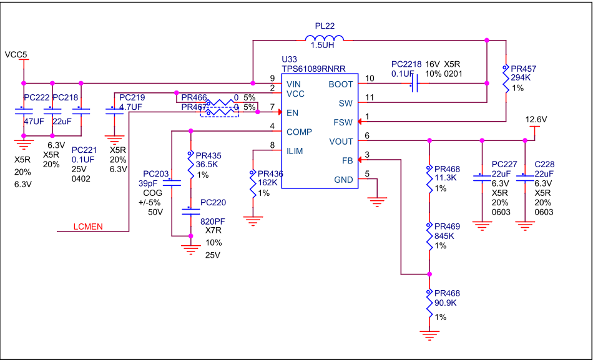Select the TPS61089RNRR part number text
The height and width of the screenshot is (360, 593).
(313, 69)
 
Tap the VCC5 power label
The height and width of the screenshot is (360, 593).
(16, 54)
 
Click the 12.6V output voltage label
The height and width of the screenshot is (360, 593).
(536, 119)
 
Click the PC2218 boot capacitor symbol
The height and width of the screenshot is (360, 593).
(413, 84)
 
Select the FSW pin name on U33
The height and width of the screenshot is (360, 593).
(343, 122)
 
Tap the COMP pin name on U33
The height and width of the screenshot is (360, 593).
(300, 132)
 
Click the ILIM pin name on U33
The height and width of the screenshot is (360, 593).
(296, 150)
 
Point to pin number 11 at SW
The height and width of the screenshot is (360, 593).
(370, 97)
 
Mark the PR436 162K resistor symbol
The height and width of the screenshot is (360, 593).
(253, 186)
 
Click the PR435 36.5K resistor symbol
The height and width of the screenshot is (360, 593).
(190, 167)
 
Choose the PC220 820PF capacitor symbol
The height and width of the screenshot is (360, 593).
(190, 211)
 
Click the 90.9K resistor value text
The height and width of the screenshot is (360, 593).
(446, 303)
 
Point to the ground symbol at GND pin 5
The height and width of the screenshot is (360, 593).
(377, 200)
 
